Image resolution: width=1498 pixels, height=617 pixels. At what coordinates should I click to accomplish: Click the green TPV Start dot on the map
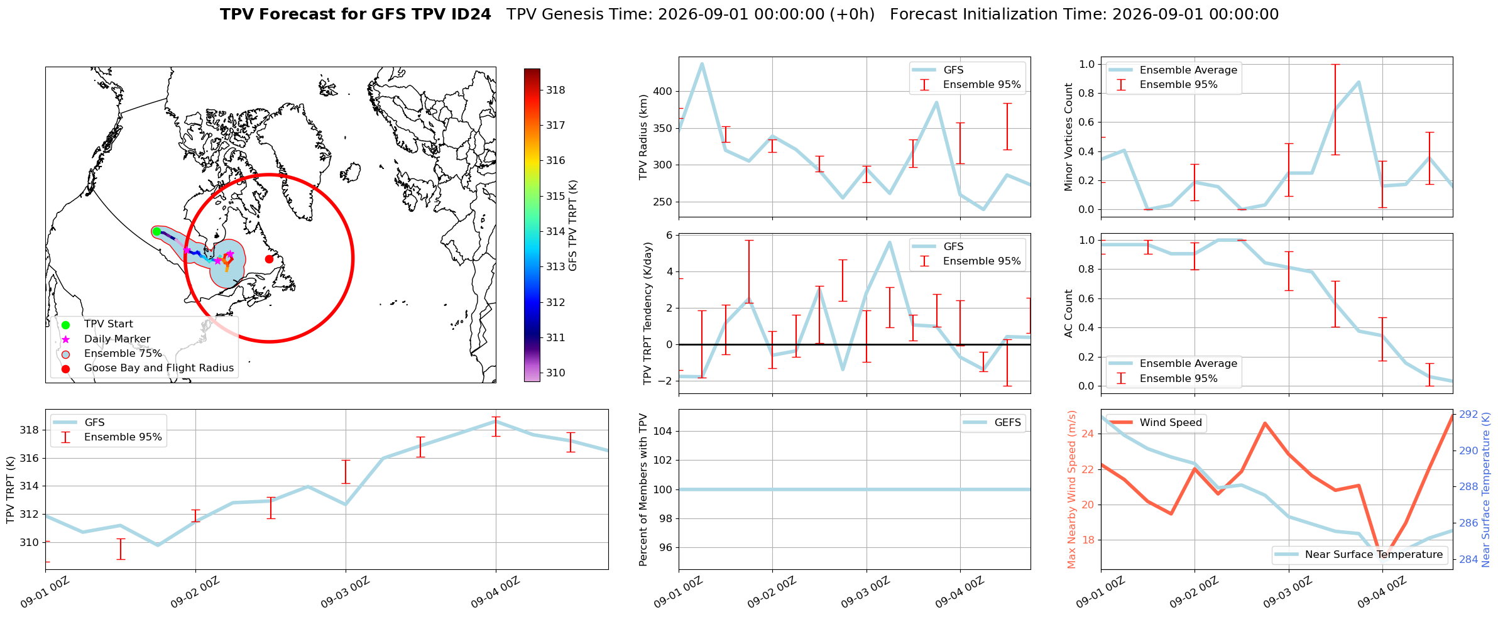pos(156,231)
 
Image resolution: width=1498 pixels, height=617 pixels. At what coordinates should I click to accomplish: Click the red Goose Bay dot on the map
pos(269,259)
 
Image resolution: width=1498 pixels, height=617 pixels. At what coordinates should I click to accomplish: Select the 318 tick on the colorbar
pos(555,90)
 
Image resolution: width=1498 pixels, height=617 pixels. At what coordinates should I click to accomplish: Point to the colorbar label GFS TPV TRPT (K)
pos(572,226)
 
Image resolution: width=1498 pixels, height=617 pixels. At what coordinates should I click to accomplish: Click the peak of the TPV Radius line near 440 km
pos(702,63)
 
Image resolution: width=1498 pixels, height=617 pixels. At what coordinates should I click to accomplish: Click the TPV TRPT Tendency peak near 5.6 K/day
pos(890,242)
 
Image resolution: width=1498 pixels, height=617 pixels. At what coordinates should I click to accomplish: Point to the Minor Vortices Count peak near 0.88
pos(1359,82)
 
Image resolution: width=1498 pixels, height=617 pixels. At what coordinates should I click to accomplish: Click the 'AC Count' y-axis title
pos(1069,314)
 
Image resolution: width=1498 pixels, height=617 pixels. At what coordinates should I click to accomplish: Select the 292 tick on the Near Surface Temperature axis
pos(1468,415)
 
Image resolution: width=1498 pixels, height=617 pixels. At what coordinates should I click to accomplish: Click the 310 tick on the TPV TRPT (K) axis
pos(29,542)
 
